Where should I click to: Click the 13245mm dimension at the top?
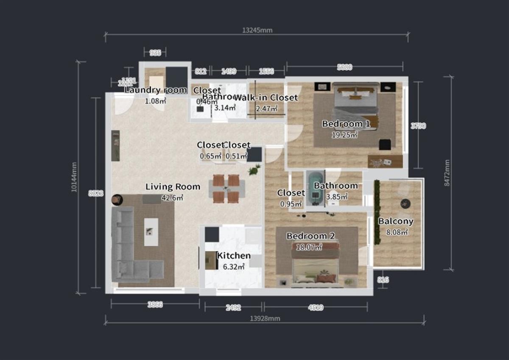point(257,30)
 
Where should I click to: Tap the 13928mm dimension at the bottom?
point(265,318)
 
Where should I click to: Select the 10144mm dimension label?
point(75,177)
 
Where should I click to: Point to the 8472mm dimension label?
point(446,173)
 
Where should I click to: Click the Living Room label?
point(173,187)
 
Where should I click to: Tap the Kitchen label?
point(233,256)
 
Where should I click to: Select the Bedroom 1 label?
point(346,124)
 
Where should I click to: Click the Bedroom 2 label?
point(307,236)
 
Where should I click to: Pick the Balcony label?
point(396,221)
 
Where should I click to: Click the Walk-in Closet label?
point(266,98)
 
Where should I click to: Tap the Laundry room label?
point(155,90)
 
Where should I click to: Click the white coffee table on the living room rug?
point(151,232)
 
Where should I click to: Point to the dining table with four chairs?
point(227,189)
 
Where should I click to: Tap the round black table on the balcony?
point(406,204)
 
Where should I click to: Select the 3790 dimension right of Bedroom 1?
point(418,126)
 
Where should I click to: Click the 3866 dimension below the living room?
point(154,304)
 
